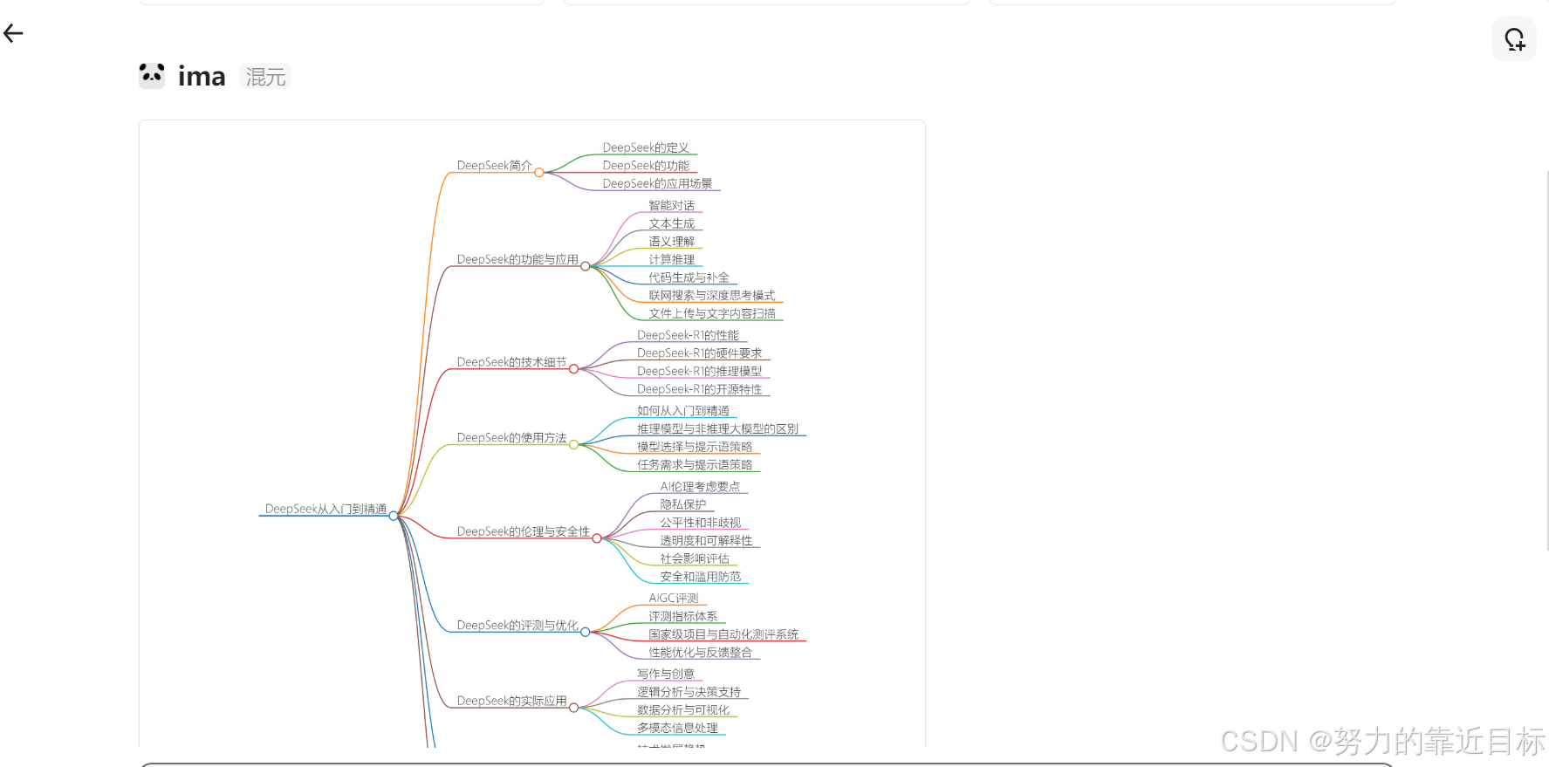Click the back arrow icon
13,34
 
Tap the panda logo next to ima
152,76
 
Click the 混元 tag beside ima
265,77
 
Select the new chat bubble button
1514,39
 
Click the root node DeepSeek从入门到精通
326,509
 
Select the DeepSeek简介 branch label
494,166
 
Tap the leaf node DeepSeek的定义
646,148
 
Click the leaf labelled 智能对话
672,206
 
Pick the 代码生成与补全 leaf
689,278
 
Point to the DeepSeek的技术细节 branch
511,362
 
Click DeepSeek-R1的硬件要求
699,353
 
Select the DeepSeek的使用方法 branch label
511,438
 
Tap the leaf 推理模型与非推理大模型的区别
717,429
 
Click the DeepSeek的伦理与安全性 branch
523,531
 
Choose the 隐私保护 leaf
683,505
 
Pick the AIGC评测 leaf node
674,599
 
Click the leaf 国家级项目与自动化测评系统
723,635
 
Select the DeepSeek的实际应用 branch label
511,702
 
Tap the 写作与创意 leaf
666,675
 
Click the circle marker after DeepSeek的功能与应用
586,266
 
